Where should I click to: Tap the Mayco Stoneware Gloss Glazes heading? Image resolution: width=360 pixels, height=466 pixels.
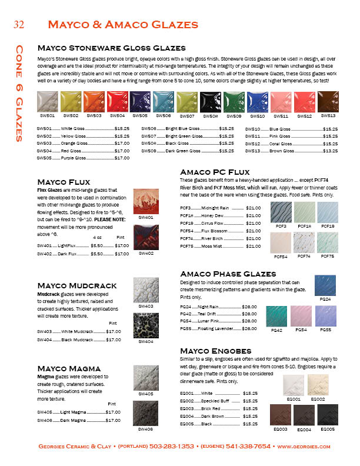click(112, 48)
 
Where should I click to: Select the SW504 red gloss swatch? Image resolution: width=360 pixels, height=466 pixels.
click(116, 101)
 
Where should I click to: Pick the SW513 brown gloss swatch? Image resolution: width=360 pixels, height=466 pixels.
click(328, 101)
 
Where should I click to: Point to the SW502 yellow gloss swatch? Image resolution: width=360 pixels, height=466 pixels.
click(70, 101)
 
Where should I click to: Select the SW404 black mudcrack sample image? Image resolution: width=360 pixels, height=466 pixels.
click(146, 325)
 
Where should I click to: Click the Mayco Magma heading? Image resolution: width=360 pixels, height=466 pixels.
click(69, 368)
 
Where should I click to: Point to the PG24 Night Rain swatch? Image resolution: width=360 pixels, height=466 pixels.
click(325, 287)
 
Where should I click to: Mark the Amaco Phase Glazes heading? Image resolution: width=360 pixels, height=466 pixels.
click(228, 274)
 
